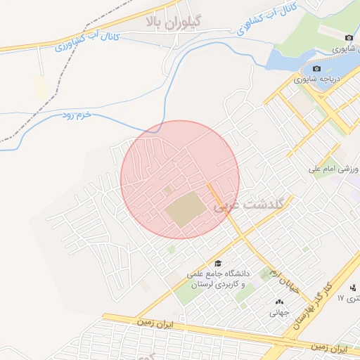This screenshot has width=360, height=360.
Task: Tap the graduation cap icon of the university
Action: tap(217, 262)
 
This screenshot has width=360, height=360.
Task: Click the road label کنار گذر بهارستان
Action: tap(309, 307)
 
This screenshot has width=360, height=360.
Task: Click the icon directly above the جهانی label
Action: tap(280, 302)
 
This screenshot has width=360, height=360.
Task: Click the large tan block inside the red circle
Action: tap(186, 210)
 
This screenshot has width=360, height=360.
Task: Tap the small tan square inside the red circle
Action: tap(167, 190)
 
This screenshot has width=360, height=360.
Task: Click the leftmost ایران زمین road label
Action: tap(155, 323)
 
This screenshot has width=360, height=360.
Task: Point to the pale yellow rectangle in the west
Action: tap(39, 88)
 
